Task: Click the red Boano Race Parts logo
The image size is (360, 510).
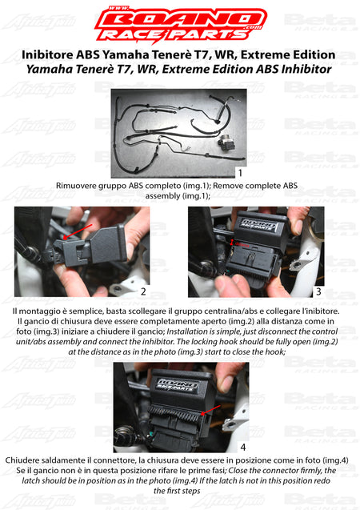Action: point(181,24)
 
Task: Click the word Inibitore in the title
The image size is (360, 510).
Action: point(47,54)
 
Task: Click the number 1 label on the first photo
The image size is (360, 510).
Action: point(240,172)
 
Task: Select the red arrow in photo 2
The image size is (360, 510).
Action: point(78,231)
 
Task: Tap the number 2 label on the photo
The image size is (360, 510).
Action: point(143,291)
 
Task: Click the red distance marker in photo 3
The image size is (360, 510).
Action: point(232,243)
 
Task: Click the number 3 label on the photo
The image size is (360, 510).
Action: point(318,291)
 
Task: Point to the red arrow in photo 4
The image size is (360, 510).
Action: point(211,410)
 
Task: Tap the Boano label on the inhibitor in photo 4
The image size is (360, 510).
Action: point(178,385)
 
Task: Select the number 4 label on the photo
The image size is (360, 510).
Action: point(242,448)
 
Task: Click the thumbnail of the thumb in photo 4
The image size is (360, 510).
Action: point(226,380)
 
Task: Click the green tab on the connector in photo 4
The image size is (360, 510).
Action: point(152,434)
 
